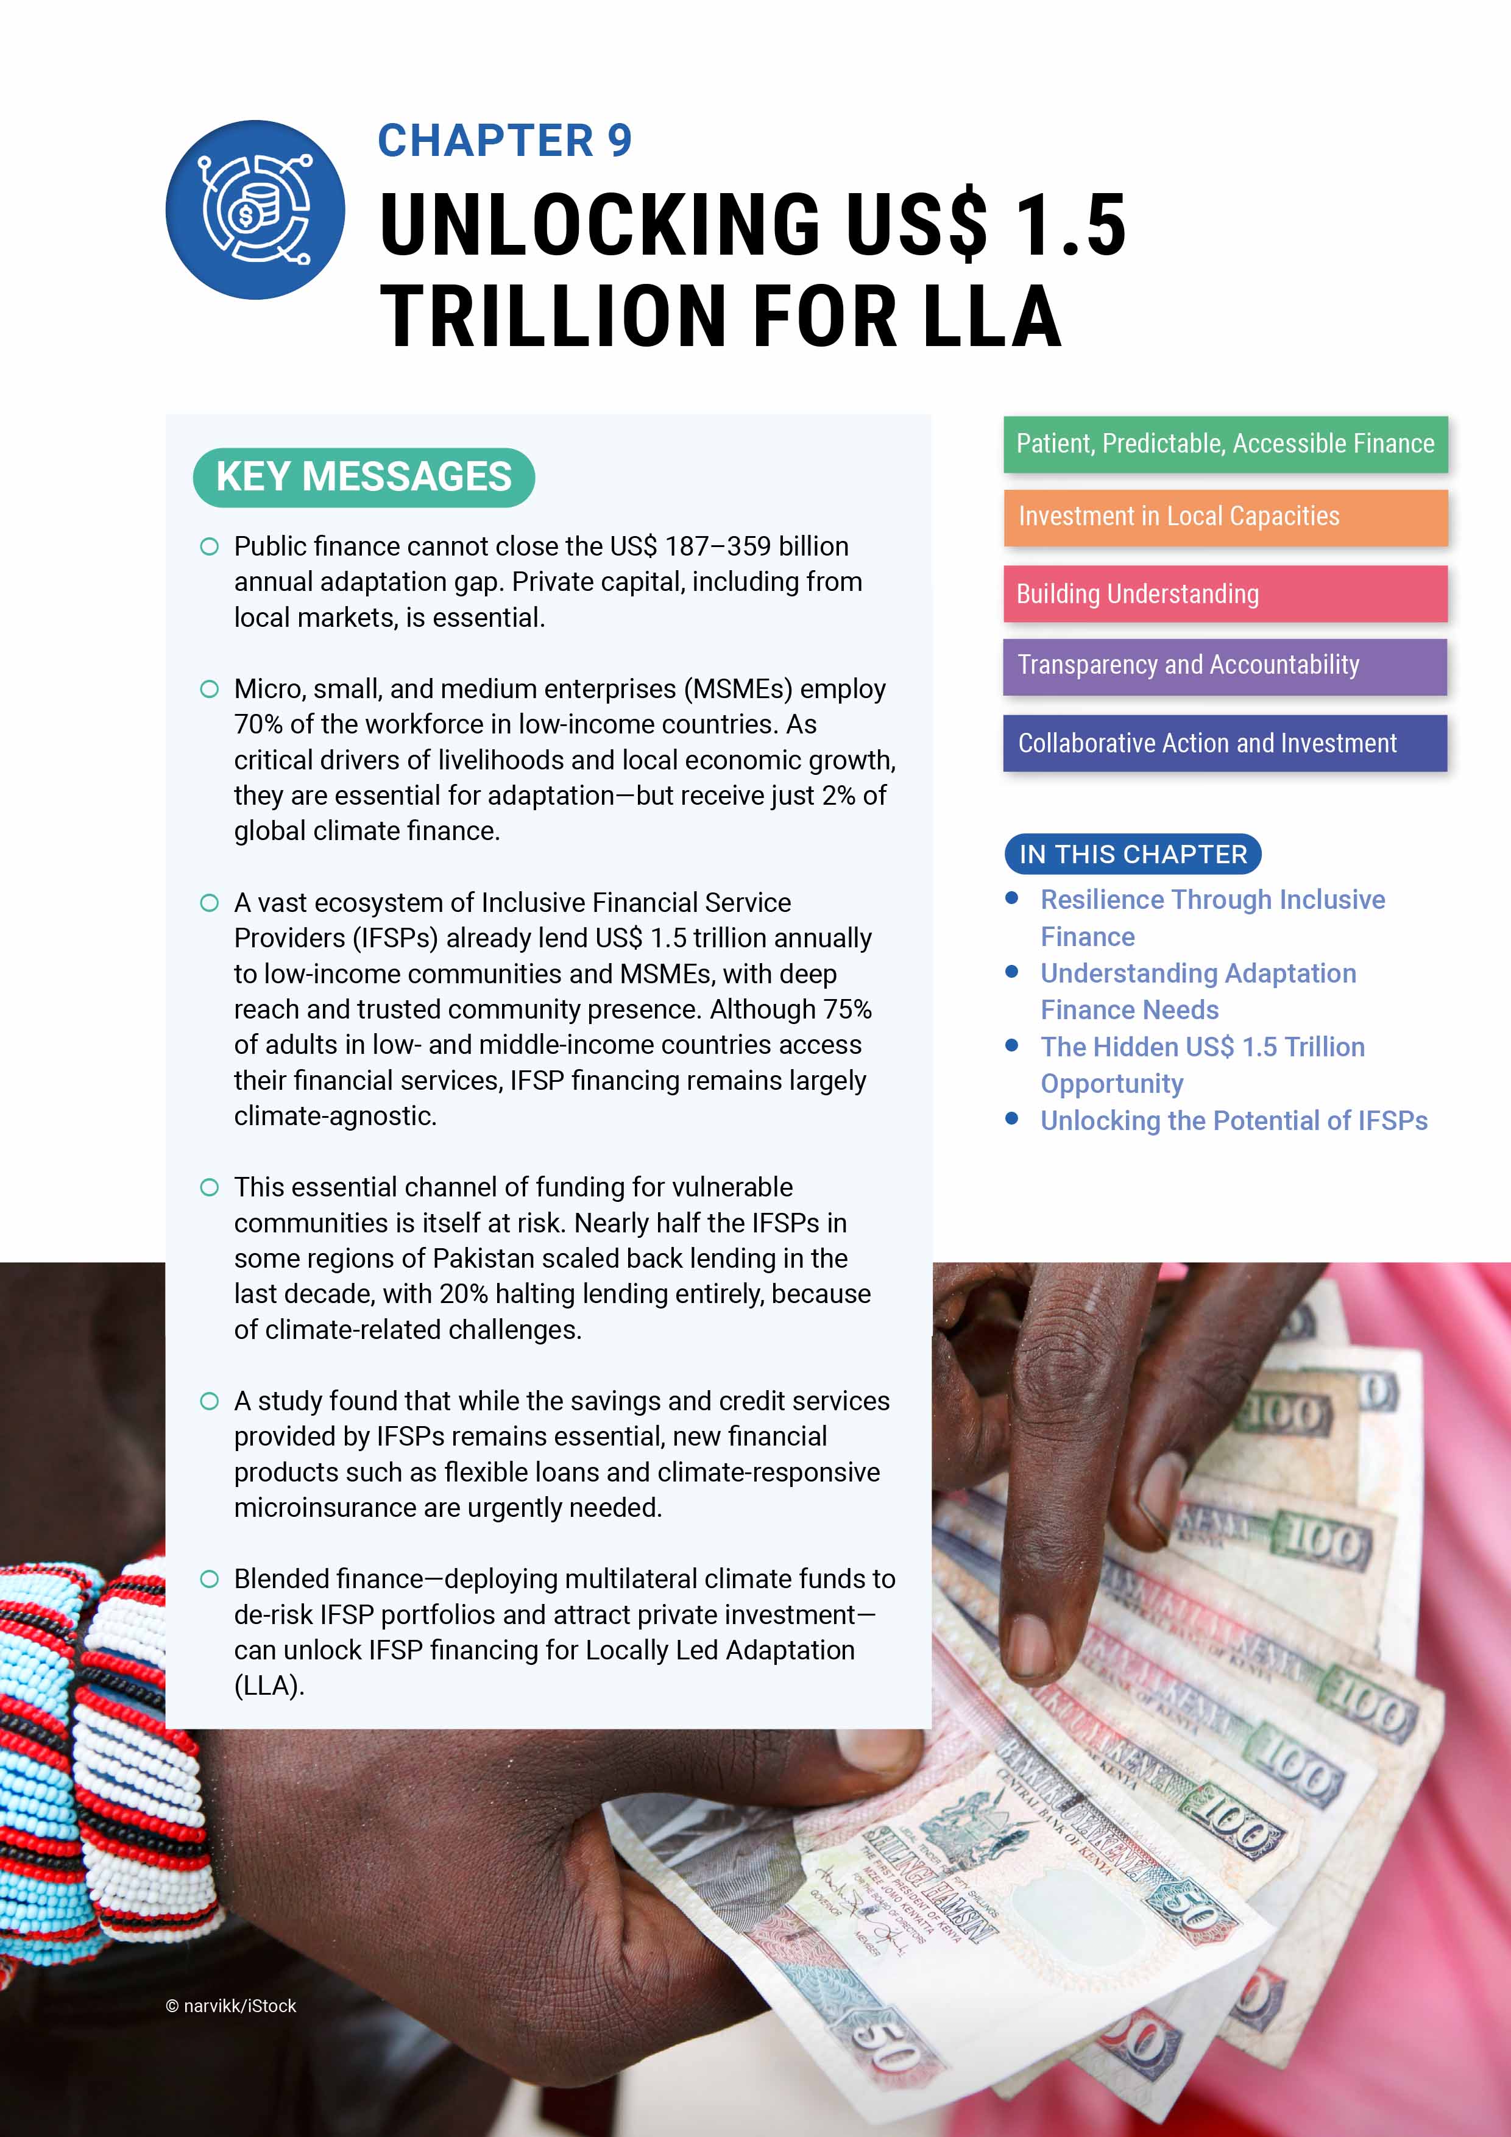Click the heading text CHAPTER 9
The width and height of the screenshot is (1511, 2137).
(504, 141)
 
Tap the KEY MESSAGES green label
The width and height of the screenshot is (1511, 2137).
(363, 476)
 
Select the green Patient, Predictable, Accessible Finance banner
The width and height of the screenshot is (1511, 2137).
(1224, 444)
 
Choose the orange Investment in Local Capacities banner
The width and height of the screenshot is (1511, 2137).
(1224, 517)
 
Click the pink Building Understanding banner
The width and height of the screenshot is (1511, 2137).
(1224, 594)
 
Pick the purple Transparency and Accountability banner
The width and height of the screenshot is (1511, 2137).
(1224, 665)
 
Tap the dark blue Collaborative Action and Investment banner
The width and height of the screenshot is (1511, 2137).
(1224, 743)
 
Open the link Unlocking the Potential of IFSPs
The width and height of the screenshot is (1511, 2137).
(1234, 1121)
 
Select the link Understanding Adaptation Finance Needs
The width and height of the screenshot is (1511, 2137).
(1197, 991)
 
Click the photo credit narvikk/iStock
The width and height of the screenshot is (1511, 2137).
(231, 2006)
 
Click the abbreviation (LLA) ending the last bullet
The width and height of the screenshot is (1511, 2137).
(269, 1686)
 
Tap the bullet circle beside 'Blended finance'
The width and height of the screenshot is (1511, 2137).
(210, 1580)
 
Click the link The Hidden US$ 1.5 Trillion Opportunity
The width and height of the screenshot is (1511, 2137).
(1202, 1065)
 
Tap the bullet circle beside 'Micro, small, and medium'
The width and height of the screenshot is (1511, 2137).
(210, 689)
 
